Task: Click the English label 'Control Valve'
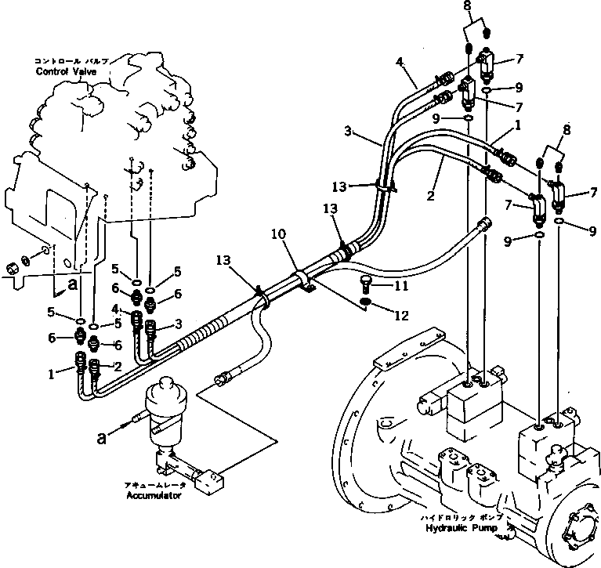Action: tap(67, 71)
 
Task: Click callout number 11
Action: tap(400, 288)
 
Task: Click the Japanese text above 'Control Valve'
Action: tap(71, 60)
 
